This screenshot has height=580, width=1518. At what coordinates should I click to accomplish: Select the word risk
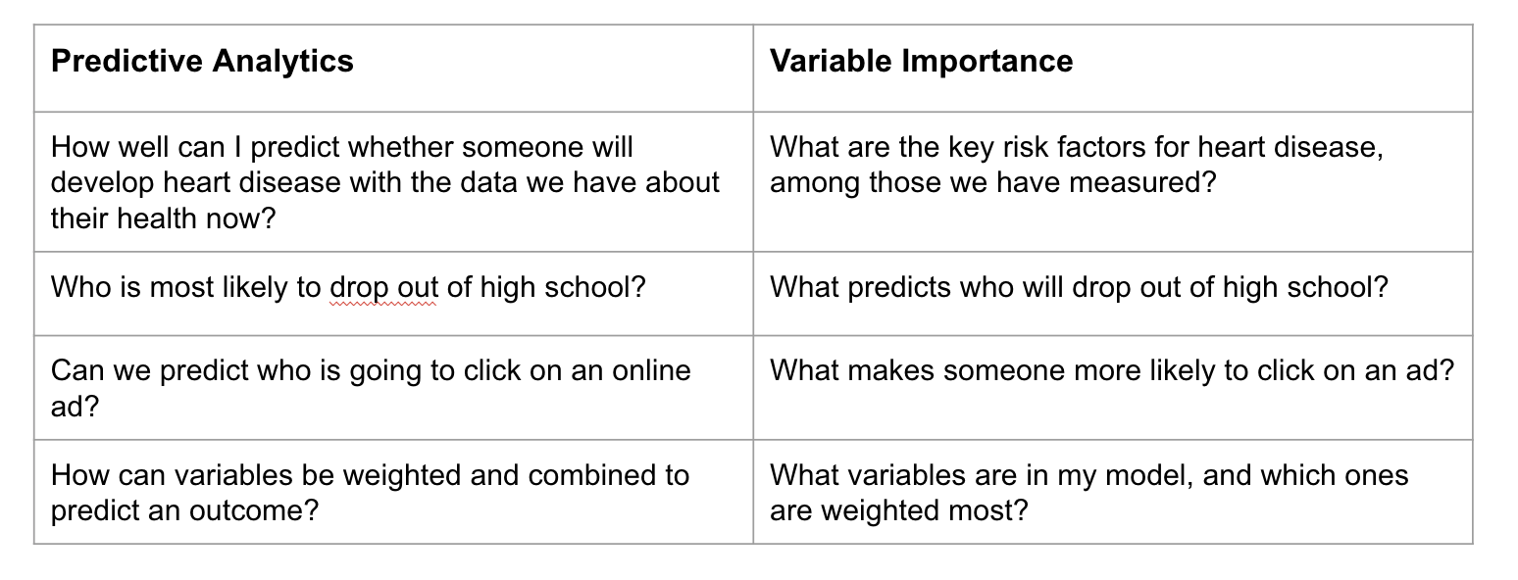click(1030, 148)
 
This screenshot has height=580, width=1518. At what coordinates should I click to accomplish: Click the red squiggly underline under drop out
click(383, 306)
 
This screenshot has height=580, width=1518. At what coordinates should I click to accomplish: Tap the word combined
click(609, 475)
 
